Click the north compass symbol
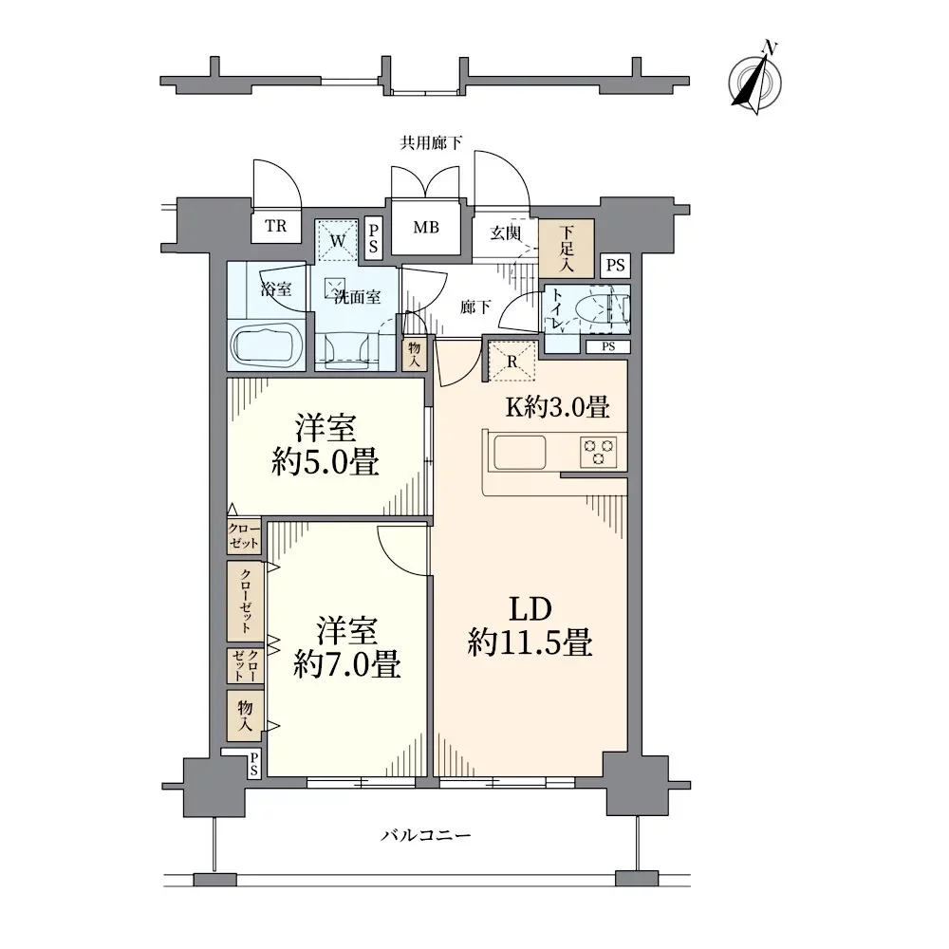click(754, 81)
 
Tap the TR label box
click(276, 227)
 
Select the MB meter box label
click(426, 228)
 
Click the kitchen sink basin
click(520, 452)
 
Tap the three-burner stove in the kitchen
click(598, 452)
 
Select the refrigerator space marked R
click(512, 362)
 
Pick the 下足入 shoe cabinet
click(567, 248)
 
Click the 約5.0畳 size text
click(325, 463)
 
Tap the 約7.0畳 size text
click(346, 666)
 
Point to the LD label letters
click(530, 609)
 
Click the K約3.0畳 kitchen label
click(557, 407)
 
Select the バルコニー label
click(426, 836)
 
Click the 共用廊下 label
click(432, 143)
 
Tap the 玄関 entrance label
click(506, 233)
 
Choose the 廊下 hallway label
click(475, 307)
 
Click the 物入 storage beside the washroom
click(415, 354)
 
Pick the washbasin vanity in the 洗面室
click(346, 352)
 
